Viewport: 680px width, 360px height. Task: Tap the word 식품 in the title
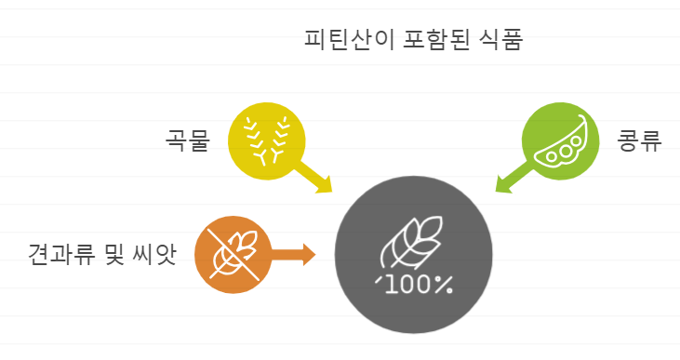[502, 40]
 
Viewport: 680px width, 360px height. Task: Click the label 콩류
[639, 142]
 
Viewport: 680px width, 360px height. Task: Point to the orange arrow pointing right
[293, 254]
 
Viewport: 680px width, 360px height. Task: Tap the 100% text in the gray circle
[413, 286]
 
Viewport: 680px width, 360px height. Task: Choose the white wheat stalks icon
[266, 139]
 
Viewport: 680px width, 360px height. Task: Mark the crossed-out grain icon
[233, 254]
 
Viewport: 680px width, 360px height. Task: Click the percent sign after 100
[444, 286]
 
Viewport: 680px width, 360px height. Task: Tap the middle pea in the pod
[564, 149]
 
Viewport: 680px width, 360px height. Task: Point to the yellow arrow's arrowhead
[325, 187]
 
